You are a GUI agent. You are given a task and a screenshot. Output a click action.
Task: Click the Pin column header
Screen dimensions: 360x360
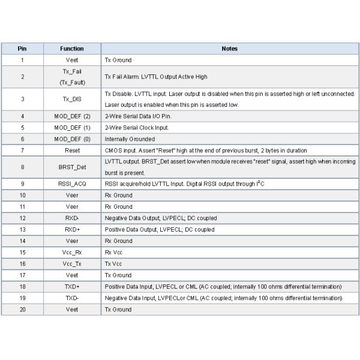(x=22, y=49)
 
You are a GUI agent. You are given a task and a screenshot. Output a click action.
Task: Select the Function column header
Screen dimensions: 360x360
(x=72, y=49)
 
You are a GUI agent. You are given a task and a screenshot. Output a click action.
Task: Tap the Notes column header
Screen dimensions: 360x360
(x=229, y=49)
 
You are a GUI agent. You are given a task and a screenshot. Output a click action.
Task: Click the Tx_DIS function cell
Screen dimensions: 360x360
(x=72, y=99)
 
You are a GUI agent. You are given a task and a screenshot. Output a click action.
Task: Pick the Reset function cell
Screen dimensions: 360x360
(x=72, y=150)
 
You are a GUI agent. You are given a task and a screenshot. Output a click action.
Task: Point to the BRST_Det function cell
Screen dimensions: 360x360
(x=72, y=167)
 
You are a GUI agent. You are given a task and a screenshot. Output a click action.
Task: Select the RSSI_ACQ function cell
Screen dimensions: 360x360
(x=72, y=184)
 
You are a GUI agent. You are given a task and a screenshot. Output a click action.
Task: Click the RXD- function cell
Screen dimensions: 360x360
(x=72, y=218)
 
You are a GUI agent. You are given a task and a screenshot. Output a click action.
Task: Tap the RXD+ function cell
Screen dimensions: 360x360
(x=72, y=229)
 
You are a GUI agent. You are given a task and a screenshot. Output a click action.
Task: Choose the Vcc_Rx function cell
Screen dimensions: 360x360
(x=72, y=252)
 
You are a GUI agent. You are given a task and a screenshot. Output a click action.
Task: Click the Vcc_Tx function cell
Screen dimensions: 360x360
(x=72, y=263)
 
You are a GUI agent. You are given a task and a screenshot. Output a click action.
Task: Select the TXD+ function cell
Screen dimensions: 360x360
(x=72, y=286)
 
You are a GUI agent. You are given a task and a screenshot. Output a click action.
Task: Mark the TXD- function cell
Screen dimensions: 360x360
(x=72, y=298)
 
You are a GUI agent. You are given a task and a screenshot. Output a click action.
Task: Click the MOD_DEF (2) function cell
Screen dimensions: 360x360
(x=72, y=116)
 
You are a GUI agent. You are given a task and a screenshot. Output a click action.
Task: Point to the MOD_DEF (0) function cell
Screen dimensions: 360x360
(x=72, y=139)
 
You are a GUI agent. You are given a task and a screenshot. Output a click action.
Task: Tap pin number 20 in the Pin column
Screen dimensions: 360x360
(x=22, y=309)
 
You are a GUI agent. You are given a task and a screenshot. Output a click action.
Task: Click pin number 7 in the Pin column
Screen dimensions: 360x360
(x=22, y=150)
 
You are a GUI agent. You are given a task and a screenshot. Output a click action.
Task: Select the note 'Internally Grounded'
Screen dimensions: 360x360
(x=130, y=139)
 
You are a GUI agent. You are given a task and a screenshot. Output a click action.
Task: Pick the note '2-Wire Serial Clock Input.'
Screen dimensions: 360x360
(x=137, y=127)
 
